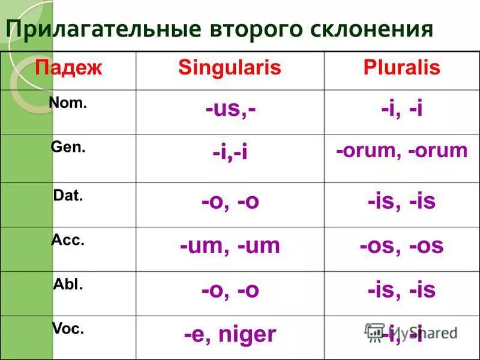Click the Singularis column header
pos(230,68)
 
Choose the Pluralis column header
pos(401,68)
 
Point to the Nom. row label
pos(68,103)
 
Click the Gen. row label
pos(68,148)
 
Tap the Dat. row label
pos(68,196)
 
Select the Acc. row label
pos(68,241)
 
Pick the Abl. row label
pos(68,285)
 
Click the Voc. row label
pos(68,329)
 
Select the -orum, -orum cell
pos(401,151)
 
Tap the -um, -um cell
pos(230,246)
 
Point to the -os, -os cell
pos(401,246)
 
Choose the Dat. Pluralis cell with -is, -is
pos(401,202)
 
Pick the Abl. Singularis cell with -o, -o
pos(230,290)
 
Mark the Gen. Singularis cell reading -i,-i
pos(230,154)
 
